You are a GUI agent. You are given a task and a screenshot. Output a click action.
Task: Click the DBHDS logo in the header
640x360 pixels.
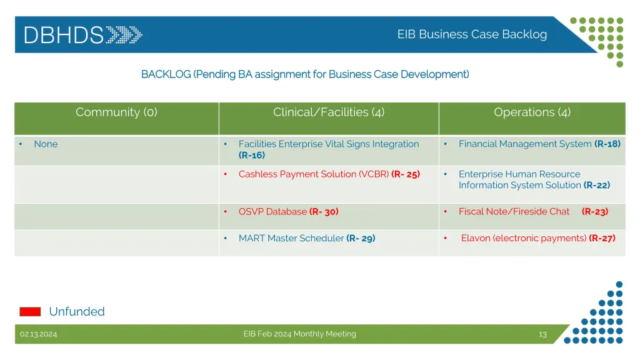82,34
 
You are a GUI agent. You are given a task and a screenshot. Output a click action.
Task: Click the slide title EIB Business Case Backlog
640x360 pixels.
472,34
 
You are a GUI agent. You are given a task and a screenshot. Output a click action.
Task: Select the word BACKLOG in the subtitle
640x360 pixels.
166,74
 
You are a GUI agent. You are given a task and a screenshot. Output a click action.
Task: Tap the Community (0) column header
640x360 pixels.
116,112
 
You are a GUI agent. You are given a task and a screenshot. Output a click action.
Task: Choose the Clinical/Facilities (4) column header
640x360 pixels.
329,112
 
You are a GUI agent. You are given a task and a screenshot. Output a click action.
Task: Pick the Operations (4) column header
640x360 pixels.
532,112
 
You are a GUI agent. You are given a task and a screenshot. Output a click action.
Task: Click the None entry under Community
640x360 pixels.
46,144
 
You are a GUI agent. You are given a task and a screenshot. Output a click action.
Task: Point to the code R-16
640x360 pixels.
252,156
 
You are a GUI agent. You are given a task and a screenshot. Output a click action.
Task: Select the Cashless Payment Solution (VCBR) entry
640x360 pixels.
313,174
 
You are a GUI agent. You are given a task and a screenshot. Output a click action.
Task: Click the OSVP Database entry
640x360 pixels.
272,212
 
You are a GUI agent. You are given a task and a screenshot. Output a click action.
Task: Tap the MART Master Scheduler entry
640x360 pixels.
291,238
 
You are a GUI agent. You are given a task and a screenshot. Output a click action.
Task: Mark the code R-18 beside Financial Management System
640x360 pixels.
607,144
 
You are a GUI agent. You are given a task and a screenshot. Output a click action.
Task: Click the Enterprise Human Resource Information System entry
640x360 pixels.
519,180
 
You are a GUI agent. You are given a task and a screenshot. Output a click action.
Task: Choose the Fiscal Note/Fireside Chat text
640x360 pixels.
514,212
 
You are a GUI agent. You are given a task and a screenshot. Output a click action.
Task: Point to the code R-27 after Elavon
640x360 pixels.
602,238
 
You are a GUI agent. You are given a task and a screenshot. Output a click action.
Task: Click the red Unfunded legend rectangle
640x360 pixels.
30,312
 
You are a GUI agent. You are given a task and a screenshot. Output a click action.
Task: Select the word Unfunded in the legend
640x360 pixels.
77,312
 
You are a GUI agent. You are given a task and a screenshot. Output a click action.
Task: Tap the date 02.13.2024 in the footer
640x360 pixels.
38,334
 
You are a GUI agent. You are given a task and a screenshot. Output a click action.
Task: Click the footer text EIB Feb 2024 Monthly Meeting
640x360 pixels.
299,334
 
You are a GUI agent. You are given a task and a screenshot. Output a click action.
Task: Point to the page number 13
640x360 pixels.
542,334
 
